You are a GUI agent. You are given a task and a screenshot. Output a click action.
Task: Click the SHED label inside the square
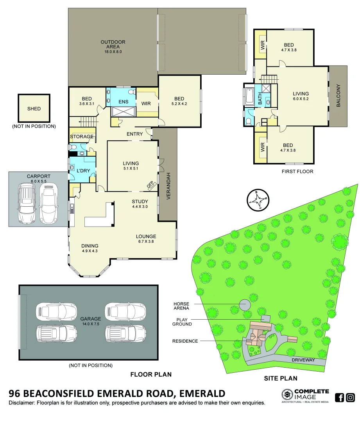click(34, 109)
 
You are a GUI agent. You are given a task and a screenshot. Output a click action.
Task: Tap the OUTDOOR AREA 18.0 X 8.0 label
click(113, 46)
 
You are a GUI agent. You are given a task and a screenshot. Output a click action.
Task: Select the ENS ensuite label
click(124, 102)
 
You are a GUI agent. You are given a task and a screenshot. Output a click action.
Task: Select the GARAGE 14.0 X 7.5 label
click(90, 321)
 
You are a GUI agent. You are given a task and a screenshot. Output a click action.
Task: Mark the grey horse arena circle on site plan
click(245, 304)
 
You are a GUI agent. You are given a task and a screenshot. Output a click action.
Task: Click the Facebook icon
click(340, 398)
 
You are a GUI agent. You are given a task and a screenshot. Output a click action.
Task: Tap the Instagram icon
click(351, 398)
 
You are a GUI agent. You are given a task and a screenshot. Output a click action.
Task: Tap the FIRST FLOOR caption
click(297, 172)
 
